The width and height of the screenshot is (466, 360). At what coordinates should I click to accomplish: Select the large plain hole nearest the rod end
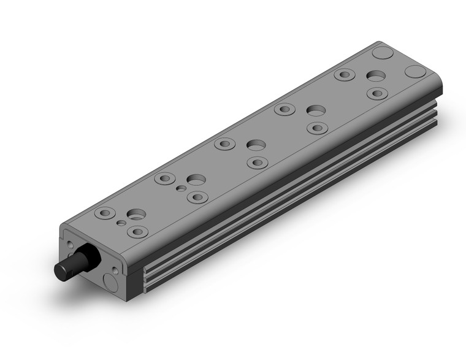click(137, 215)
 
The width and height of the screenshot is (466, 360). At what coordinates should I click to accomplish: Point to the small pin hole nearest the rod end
click(123, 223)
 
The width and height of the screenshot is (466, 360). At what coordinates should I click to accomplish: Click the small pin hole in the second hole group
click(181, 188)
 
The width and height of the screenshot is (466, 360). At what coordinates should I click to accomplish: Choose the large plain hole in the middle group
click(256, 145)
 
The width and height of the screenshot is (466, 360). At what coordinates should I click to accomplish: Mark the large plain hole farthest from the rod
click(376, 76)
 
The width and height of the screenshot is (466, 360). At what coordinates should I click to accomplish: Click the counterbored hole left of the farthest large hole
click(345, 75)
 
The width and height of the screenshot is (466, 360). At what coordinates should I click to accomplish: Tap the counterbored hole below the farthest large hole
click(377, 93)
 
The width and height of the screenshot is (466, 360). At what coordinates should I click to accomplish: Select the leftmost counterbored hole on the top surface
click(105, 213)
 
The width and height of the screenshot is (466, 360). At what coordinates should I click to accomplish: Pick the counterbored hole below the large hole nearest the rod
click(137, 232)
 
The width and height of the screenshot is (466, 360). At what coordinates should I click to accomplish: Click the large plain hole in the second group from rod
click(196, 180)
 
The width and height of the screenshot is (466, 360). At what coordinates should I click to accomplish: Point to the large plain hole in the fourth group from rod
click(316, 110)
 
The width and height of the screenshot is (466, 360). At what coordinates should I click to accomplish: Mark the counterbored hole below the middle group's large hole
click(257, 163)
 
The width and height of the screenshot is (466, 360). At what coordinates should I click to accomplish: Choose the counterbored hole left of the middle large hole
click(225, 144)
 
